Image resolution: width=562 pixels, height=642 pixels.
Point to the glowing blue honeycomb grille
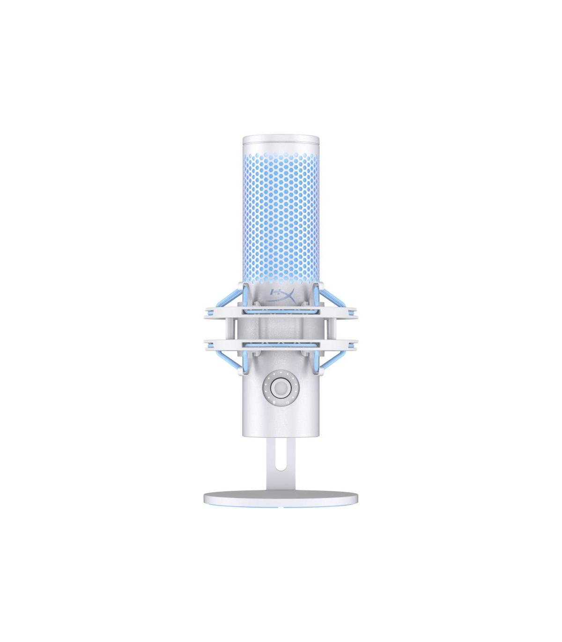pos(281,211)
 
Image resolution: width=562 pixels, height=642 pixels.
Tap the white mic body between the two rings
pos(281,328)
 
